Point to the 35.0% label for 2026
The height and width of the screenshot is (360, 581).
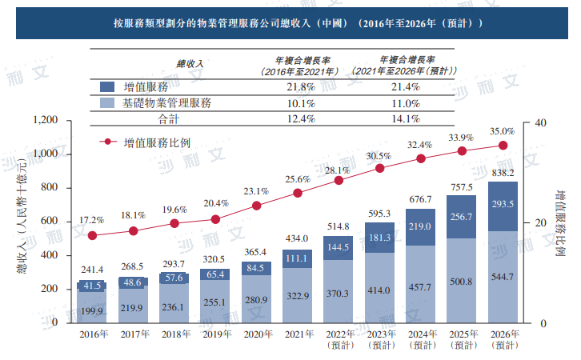point(502,131)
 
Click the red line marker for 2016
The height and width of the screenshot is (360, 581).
point(93,236)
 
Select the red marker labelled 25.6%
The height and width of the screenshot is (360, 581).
point(298,193)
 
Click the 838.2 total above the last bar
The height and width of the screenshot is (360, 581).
point(503,173)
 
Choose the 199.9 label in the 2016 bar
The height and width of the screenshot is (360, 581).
point(93,310)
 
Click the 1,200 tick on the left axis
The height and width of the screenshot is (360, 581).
point(46,120)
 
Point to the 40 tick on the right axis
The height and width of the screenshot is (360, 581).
point(539,122)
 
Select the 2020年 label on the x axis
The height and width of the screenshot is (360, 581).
point(257,334)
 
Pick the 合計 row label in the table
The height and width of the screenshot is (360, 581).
point(167,119)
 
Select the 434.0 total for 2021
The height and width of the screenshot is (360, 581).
point(298,239)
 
